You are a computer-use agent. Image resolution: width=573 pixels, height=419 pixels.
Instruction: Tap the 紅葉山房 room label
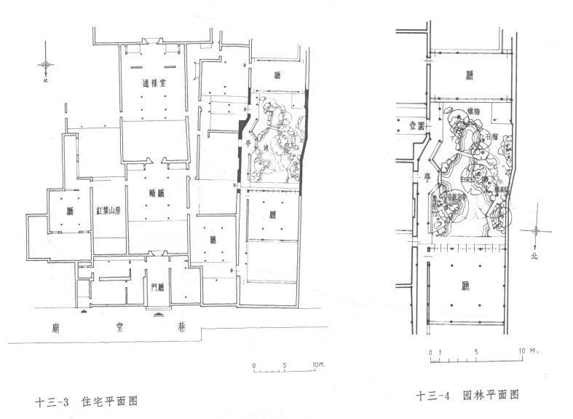point(108,210)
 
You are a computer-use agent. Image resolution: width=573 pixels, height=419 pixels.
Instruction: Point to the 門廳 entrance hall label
point(158,287)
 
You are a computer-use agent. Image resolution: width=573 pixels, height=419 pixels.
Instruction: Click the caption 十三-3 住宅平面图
point(87,400)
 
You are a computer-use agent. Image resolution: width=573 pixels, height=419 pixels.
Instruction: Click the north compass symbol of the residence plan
point(47,66)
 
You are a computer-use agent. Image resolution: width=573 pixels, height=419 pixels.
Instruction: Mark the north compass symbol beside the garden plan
point(537,232)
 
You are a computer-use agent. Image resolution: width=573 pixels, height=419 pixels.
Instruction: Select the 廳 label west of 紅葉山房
point(70,211)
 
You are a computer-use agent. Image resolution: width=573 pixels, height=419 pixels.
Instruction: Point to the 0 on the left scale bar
point(254,364)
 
